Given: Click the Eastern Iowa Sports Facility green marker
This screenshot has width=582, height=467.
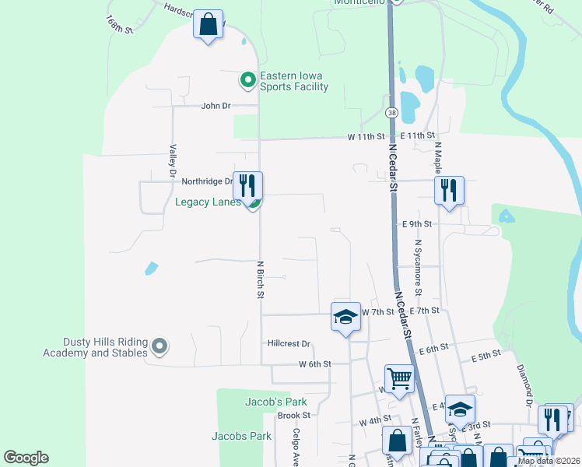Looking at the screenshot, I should click(x=247, y=79).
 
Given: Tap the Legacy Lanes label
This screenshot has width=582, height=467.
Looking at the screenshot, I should click(x=208, y=202).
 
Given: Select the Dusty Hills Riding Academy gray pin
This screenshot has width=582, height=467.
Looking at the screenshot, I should click(x=160, y=346).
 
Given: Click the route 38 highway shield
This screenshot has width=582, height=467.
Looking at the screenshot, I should click(x=391, y=114).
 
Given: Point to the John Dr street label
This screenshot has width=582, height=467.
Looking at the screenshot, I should click(x=216, y=106).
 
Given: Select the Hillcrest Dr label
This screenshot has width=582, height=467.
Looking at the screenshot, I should click(x=289, y=343).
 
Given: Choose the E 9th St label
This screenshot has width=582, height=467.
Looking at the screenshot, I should click(x=417, y=224).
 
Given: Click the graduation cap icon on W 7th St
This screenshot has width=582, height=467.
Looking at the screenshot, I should click(x=345, y=316).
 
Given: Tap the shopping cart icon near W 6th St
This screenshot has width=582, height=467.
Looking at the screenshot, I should click(x=399, y=379).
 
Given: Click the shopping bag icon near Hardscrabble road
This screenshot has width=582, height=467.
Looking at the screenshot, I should click(x=209, y=24).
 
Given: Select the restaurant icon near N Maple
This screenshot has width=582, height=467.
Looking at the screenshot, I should click(x=449, y=190).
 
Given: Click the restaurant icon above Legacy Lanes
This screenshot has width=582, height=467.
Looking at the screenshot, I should click(x=247, y=185).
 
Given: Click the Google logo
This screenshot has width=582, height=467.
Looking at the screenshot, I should click(x=26, y=458).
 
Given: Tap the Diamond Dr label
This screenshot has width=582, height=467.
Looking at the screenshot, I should click(x=524, y=381).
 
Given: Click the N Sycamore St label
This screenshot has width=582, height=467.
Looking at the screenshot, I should click(x=418, y=268).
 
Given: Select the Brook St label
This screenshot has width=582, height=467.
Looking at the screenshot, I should click(x=294, y=415).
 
